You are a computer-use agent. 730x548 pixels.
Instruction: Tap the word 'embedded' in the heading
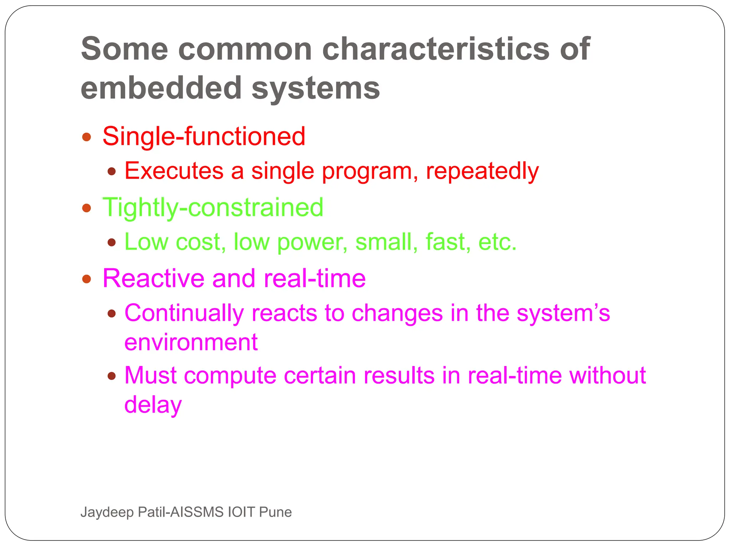pos(161,88)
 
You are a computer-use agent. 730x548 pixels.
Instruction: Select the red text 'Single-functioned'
pos(204,136)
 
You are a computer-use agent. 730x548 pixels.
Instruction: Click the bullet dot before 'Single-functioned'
pos(87,137)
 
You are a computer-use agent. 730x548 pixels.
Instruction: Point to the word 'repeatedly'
pos(482,171)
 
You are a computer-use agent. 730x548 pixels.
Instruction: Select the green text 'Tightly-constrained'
pos(213,207)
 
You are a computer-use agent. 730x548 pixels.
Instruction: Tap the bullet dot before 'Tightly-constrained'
pos(87,208)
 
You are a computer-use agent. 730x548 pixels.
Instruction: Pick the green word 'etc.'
pos(497,242)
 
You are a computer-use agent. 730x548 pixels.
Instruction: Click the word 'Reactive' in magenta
pos(154,278)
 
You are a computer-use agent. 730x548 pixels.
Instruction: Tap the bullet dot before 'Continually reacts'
pos(112,314)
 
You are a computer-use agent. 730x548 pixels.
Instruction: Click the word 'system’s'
pos(563,313)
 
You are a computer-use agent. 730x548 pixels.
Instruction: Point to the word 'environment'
pos(191,342)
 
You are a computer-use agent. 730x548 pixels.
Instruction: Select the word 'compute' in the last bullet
pos(230,376)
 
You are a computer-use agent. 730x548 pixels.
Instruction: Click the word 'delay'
pos(153,405)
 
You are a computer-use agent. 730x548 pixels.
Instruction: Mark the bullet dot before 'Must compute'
pos(112,376)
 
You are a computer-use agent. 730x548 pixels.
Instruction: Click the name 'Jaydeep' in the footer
pos(107,512)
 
